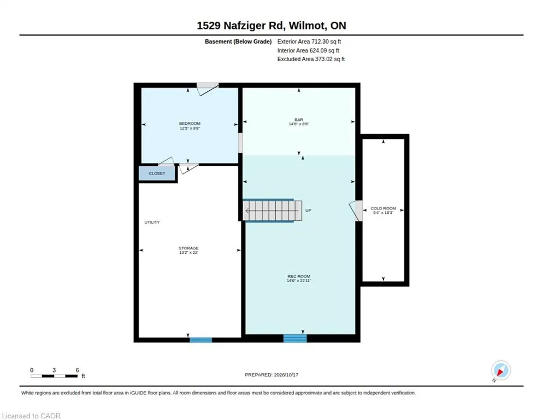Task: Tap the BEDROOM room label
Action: click(190, 124)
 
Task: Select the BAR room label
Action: click(299, 120)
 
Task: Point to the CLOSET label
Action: click(157, 173)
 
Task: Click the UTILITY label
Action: click(152, 223)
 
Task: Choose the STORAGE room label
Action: click(188, 248)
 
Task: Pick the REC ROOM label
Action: click(299, 276)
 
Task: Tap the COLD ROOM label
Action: click(383, 208)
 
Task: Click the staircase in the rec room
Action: click(272, 211)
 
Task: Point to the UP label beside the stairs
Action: click(308, 211)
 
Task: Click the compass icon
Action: click(501, 370)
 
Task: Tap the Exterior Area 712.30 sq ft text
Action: click(309, 42)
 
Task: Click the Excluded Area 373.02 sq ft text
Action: click(311, 59)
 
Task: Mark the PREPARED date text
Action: click(271, 375)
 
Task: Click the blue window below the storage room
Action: click(201, 340)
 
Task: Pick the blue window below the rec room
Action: click(295, 338)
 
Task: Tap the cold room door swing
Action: click(356, 211)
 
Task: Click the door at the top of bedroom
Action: click(208, 89)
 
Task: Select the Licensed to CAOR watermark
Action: click(31, 416)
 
